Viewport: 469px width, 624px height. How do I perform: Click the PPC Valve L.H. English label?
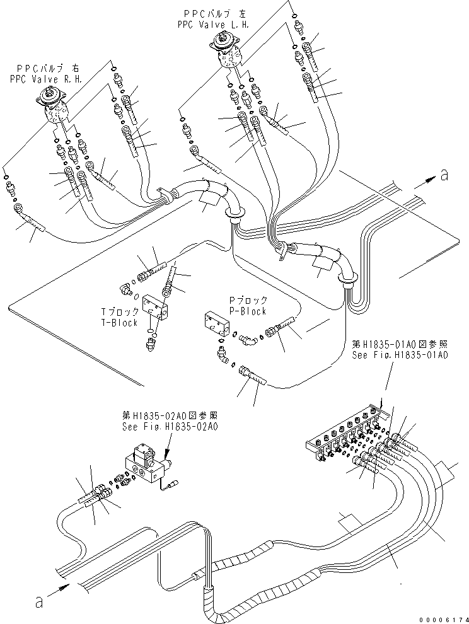pyautogui.click(x=214, y=24)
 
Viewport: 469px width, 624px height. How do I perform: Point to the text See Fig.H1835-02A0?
pyautogui.click(x=170, y=425)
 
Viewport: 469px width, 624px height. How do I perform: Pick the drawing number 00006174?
pyautogui.click(x=444, y=619)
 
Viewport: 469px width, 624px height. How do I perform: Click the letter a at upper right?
pyautogui.click(x=444, y=175)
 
